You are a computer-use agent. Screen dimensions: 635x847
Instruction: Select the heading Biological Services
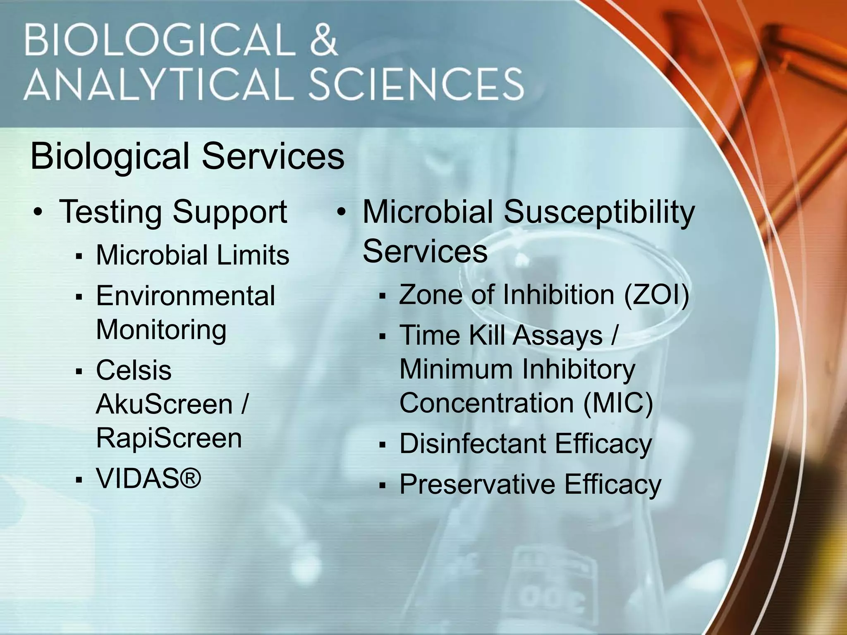click(x=187, y=157)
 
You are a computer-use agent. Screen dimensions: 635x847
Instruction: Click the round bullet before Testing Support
click(x=38, y=212)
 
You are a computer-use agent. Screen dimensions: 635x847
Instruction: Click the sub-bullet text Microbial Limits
click(x=192, y=255)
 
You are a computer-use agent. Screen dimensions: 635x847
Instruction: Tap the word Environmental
click(x=185, y=296)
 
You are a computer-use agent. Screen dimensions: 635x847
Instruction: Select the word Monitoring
click(x=161, y=330)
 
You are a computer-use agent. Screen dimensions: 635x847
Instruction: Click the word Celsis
click(x=134, y=370)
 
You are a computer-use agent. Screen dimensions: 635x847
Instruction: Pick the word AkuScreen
click(x=164, y=404)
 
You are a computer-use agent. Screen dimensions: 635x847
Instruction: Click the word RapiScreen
click(x=169, y=438)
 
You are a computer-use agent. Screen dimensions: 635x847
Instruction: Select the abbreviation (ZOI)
click(x=656, y=295)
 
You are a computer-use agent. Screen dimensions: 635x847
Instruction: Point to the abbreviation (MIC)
click(x=618, y=403)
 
